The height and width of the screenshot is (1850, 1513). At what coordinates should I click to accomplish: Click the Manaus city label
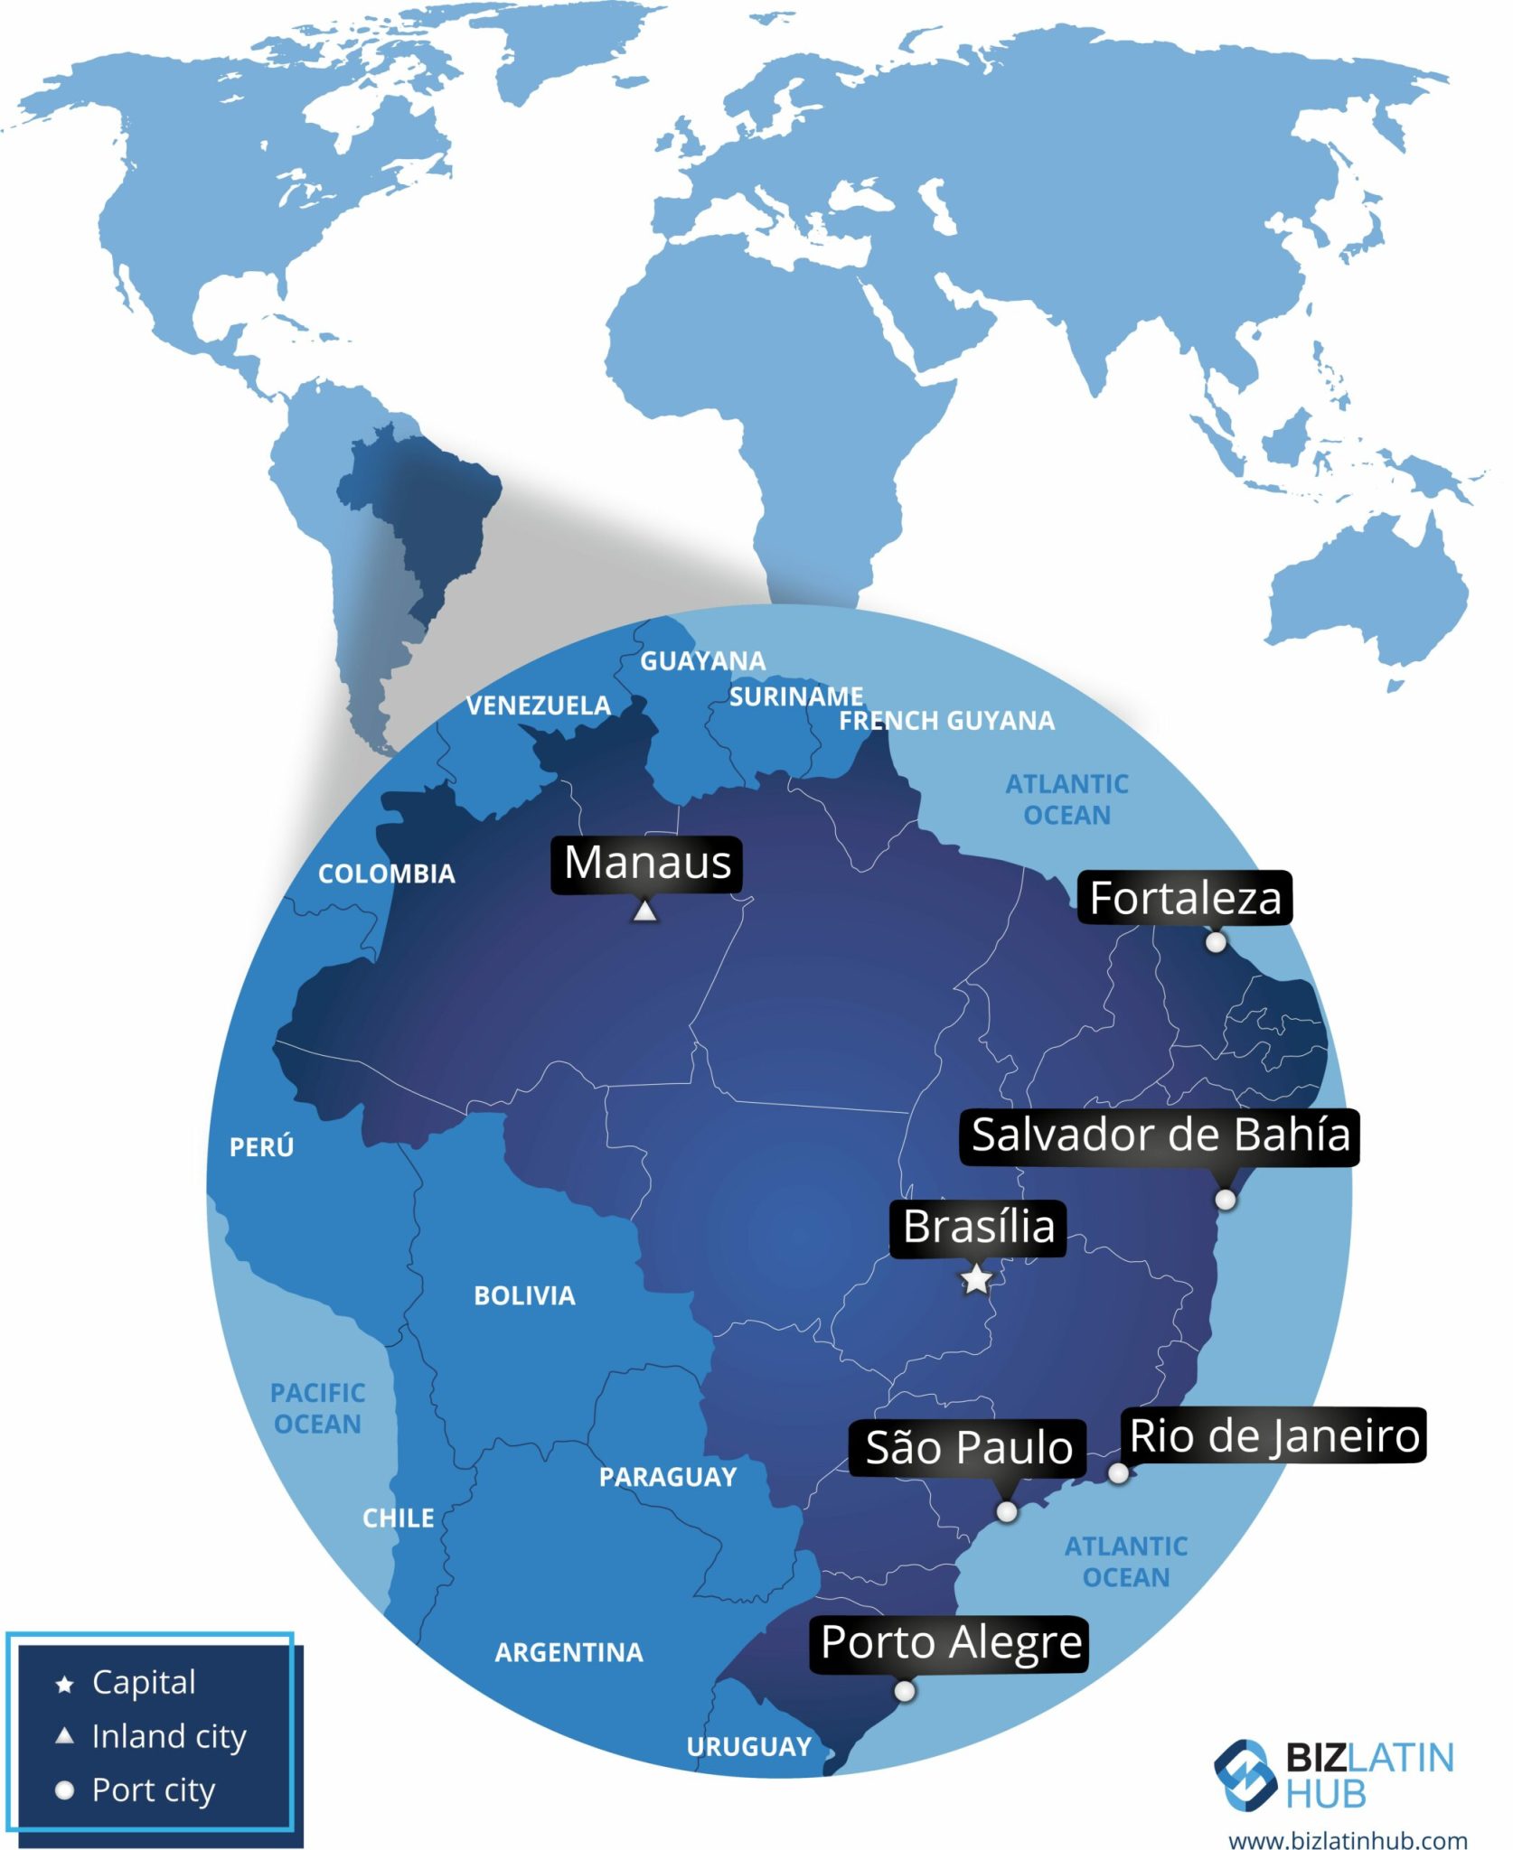pos(647,863)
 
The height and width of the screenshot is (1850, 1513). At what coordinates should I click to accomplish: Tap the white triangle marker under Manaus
pos(644,911)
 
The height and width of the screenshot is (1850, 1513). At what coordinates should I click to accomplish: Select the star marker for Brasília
pos(976,1279)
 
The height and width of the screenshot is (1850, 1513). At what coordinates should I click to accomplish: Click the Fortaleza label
pos(1185,898)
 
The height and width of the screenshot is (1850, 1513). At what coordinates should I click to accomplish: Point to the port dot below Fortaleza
pos(1217,942)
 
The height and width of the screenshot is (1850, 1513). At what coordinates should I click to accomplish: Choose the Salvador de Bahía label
pos(1161,1135)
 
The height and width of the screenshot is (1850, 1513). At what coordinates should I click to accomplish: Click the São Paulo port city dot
pos(1007,1511)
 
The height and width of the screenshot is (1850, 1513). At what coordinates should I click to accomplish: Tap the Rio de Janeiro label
pos(1274,1435)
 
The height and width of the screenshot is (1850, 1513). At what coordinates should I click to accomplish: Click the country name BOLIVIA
pos(524,1295)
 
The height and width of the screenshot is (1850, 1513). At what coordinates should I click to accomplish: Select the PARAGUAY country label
pos(668,1477)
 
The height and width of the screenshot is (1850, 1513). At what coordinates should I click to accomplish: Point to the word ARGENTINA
pos(569,1652)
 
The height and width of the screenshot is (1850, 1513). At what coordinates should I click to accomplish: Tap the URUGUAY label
pos(749,1746)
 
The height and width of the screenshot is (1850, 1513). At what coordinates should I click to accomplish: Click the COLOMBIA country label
pos(387,874)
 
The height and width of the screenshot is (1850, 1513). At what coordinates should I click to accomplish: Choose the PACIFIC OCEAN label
pos(317,1408)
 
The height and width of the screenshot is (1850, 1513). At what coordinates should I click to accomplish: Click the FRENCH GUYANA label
pos(946,720)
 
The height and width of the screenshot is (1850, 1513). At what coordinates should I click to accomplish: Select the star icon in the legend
pos(64,1684)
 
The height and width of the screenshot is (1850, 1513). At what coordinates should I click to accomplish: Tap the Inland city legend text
pos(169,1736)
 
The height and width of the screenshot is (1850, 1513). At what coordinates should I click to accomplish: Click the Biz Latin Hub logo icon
pos(1245,1776)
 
